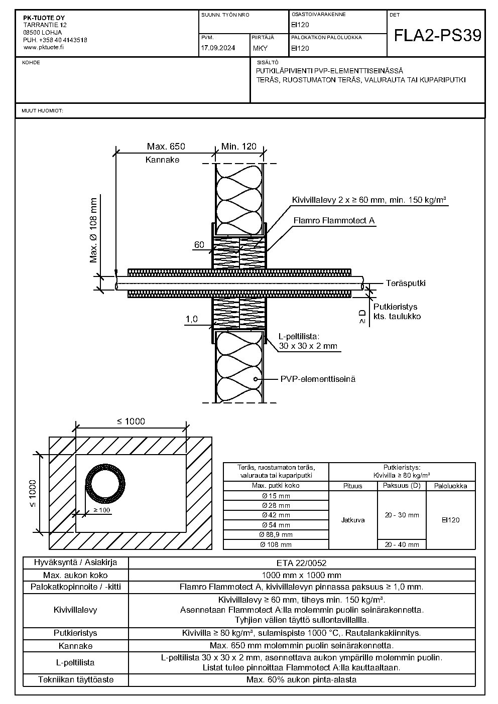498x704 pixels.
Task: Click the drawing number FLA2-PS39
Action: [437, 35]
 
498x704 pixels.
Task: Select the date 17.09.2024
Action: [218, 48]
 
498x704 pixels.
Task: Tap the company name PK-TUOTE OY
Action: [44, 18]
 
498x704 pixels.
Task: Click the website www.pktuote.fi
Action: [43, 47]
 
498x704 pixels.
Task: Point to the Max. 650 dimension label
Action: [166, 147]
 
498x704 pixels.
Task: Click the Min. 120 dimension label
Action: [238, 147]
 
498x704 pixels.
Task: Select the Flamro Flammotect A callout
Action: [334, 221]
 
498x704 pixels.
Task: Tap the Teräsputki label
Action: [406, 283]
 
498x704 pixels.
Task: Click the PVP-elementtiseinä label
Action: [318, 379]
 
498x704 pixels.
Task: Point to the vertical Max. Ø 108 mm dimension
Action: [93, 230]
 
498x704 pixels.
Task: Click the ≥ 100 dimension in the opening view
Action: [102, 510]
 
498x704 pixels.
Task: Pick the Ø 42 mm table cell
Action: [276, 515]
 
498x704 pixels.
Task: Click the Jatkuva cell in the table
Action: [353, 520]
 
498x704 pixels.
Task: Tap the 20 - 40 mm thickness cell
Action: [402, 544]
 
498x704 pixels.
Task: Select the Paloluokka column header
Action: [450, 486]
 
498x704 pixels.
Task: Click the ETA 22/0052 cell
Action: [302, 563]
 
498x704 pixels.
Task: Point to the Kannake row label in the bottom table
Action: [75, 646]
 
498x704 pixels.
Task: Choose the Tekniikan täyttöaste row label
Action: [75, 679]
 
